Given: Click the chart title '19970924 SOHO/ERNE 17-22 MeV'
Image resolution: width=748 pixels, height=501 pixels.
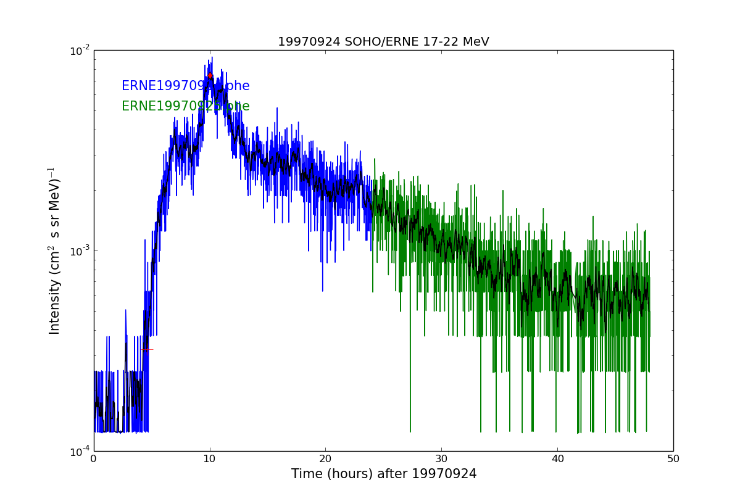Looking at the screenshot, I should [x=383, y=42].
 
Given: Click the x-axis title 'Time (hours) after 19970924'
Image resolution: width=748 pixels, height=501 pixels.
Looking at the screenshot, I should [x=384, y=474].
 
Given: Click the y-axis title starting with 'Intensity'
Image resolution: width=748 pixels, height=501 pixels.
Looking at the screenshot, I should [x=55, y=251].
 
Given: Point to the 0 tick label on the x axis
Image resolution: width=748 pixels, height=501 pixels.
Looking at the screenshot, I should [x=94, y=458].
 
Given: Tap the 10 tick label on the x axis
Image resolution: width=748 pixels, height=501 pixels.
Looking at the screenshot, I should [x=210, y=458].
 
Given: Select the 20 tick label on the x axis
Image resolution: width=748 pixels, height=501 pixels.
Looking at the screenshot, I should [x=325, y=458].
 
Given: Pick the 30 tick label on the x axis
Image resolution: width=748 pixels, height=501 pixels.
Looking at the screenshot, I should [x=441, y=458].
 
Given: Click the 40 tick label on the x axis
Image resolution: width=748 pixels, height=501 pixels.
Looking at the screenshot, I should [x=557, y=458].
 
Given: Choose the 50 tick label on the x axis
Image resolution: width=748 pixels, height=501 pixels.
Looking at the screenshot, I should [x=673, y=458].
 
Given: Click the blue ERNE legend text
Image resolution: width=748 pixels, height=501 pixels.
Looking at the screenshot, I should [x=185, y=86].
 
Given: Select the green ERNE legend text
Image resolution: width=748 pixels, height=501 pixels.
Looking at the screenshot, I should [x=185, y=106].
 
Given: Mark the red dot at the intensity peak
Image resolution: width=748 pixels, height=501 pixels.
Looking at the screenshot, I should [x=210, y=76].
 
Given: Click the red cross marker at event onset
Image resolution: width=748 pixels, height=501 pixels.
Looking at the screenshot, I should [x=146, y=349].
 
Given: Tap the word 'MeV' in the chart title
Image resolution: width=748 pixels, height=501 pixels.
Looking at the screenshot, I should [x=475, y=42].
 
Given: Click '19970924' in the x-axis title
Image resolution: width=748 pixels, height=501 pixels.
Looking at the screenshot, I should [x=449, y=474].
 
